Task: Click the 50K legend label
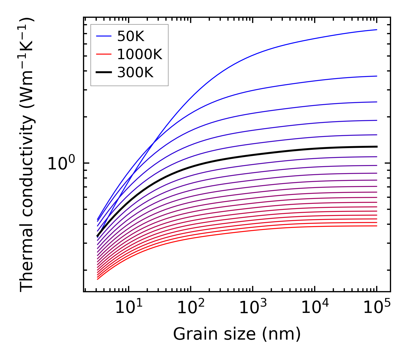click(131, 36)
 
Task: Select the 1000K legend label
click(140, 54)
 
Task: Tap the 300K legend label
click(135, 73)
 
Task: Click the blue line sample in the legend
click(104, 36)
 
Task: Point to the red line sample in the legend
click(104, 54)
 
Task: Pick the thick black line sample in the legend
click(104, 73)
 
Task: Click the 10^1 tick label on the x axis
click(129, 308)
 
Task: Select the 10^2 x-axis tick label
click(191, 308)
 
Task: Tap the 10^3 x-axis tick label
click(253, 308)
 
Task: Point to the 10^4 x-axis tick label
click(315, 308)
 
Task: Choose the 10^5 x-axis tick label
click(377, 308)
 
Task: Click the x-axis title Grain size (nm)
click(237, 334)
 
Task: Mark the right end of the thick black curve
click(377, 147)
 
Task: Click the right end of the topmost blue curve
click(377, 30)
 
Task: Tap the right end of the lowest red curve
click(377, 226)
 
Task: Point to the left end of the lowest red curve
click(98, 279)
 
